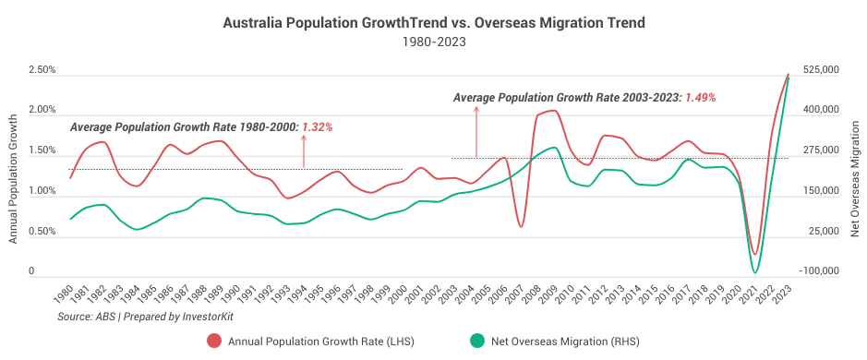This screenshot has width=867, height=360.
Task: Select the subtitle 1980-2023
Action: tap(433, 42)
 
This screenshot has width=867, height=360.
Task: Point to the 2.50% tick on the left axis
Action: tap(42, 70)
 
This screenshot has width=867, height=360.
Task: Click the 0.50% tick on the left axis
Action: tap(42, 232)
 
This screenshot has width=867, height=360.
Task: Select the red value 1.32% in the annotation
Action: tap(316, 126)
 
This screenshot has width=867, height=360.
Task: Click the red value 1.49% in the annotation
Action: tap(700, 96)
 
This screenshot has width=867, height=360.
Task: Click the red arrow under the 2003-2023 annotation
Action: tap(476, 129)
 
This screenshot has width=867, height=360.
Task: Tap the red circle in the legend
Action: tap(214, 341)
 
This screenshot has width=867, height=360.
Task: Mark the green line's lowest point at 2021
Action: tap(755, 272)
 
